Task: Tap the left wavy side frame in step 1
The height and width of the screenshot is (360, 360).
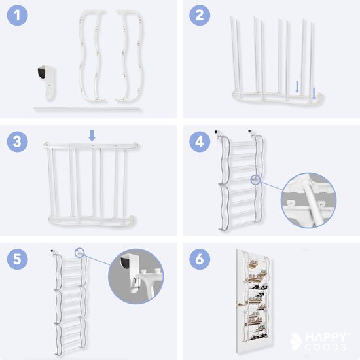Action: tap(92, 55)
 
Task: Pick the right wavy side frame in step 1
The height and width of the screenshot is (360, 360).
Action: tap(129, 55)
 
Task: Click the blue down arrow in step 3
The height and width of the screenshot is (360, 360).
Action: tap(92, 135)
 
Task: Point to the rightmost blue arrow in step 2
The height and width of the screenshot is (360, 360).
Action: tap(314, 92)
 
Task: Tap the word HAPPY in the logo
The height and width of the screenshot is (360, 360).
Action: tap(323, 334)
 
